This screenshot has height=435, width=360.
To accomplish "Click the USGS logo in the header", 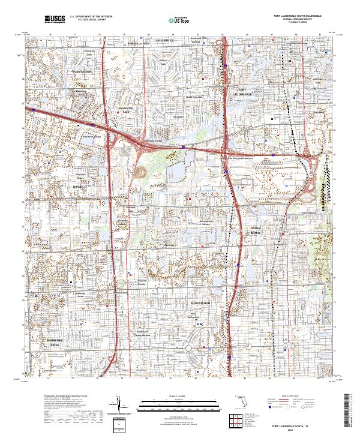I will (55, 19).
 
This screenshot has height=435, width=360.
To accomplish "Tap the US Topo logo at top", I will (179, 20).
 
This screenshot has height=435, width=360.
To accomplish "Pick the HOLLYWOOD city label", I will (202, 304).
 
